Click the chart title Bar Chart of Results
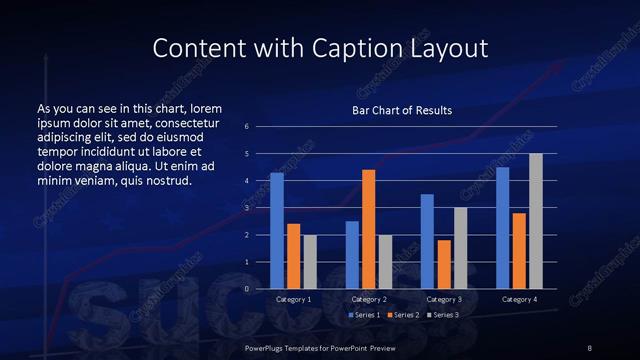(x=401, y=110)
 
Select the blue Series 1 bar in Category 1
(x=277, y=231)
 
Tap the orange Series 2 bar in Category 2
(x=368, y=229)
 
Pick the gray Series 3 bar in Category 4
(x=535, y=221)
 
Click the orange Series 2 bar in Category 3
(x=443, y=264)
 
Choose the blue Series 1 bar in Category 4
(x=502, y=228)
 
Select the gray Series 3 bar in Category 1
(x=310, y=262)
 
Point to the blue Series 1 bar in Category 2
(x=352, y=255)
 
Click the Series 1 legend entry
(x=364, y=315)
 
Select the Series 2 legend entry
(x=403, y=315)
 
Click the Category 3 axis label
(x=443, y=299)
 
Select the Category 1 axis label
(x=293, y=299)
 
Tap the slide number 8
(x=590, y=347)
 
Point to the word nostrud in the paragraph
(x=166, y=180)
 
